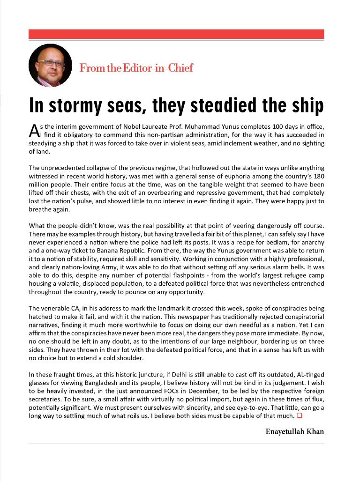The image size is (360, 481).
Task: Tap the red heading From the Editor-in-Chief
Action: click(136, 68)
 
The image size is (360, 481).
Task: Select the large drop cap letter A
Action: click(32, 129)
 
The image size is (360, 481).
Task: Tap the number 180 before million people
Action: click(318, 176)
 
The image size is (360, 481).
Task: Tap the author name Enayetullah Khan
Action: click(294, 432)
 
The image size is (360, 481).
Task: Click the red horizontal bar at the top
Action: click(176, 34)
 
